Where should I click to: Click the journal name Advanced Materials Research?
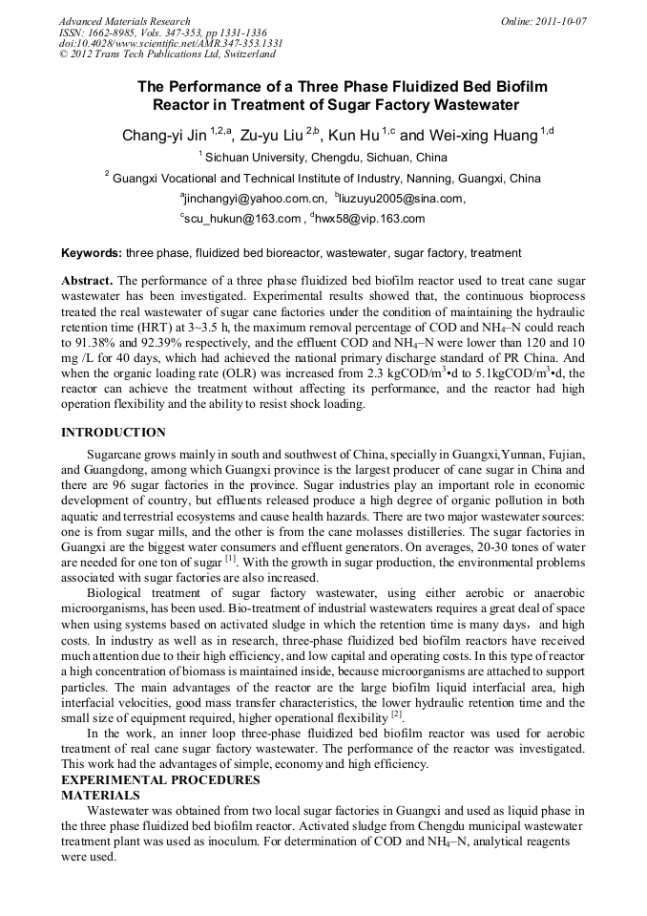click(x=124, y=20)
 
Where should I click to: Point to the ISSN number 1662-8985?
click(x=115, y=32)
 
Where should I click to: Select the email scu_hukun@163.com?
click(x=242, y=219)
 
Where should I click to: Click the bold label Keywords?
click(x=92, y=253)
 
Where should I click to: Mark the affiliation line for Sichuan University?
click(x=324, y=158)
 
